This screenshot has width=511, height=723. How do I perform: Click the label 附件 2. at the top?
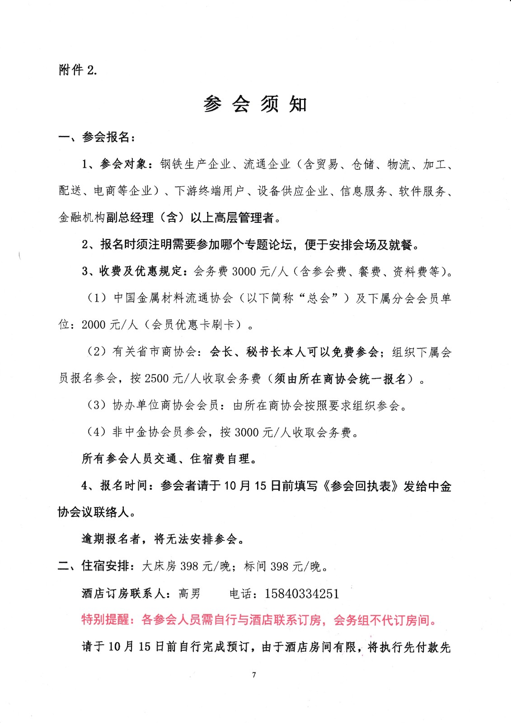pos(78,70)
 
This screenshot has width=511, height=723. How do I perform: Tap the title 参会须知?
pos(255,104)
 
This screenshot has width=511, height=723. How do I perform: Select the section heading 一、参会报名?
pos(96,137)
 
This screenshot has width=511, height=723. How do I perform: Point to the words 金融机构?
pos(82,218)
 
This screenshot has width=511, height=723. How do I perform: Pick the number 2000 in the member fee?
pos(94,325)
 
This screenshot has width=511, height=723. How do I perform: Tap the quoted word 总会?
pos(319,298)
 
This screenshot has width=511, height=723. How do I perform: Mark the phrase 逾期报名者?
pos(111,539)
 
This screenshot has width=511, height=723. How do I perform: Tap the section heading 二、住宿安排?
pos(95,566)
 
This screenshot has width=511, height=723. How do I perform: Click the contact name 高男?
pos(189,593)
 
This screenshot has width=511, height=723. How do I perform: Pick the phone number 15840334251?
pos(302,593)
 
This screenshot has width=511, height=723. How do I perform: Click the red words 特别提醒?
pos(105,620)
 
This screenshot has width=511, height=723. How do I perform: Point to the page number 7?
pos(254,675)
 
